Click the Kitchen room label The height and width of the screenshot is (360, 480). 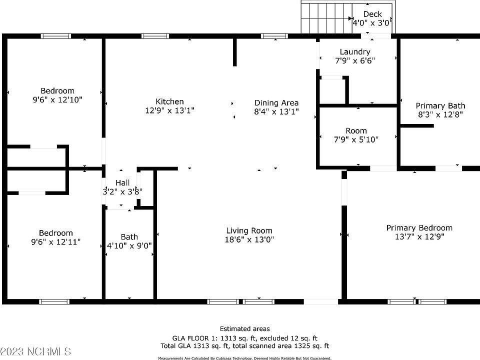(x=169, y=101)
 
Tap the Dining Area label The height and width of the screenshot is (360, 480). (x=276, y=103)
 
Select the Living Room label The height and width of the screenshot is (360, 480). (x=249, y=230)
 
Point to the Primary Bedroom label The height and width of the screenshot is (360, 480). (x=419, y=227)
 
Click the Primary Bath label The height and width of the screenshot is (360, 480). (x=440, y=105)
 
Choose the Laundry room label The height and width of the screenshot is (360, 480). (x=354, y=51)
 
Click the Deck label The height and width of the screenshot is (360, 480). (x=372, y=14)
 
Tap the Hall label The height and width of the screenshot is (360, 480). (x=122, y=182)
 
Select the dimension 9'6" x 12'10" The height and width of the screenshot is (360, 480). (x=57, y=99)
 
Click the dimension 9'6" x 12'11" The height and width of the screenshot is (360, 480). (x=56, y=242)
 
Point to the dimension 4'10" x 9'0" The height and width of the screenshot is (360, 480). (x=129, y=245)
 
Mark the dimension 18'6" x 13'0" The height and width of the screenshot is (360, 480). (x=249, y=239)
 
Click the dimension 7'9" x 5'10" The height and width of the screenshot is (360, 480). (x=355, y=139)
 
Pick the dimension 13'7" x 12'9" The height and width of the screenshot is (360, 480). (x=419, y=236)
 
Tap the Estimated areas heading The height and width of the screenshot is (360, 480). (x=244, y=328)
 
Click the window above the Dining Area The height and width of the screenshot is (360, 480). (x=274, y=36)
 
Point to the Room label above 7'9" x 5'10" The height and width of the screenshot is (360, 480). (x=355, y=130)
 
